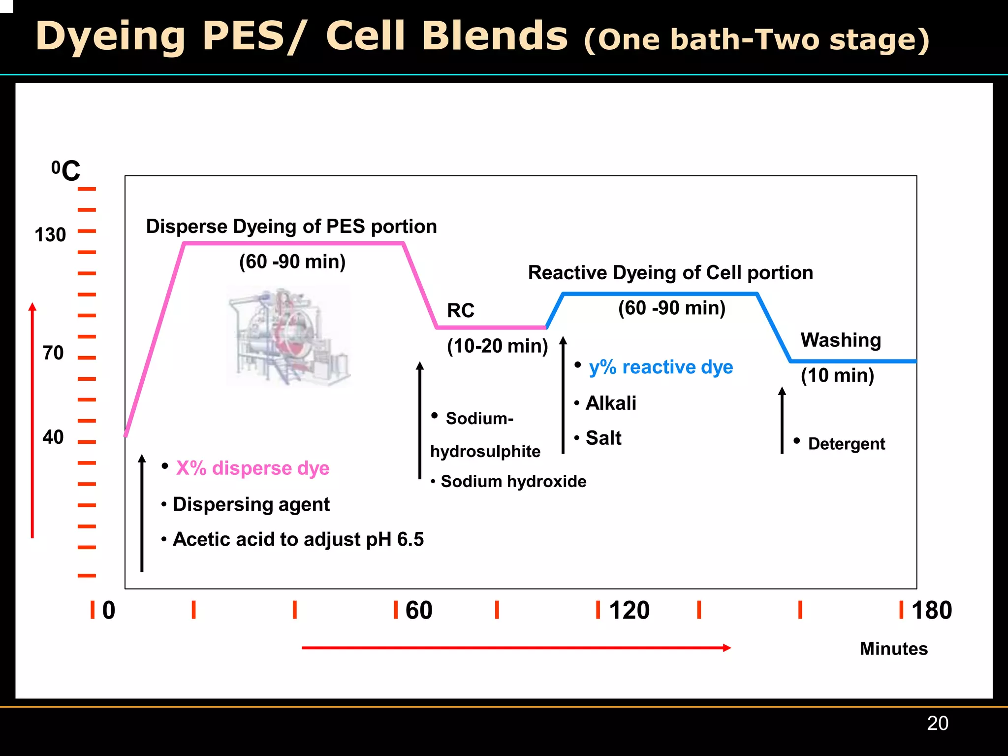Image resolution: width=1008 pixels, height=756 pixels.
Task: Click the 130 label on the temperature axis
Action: coord(50,235)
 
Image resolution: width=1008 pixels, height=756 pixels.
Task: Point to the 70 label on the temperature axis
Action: coord(53,353)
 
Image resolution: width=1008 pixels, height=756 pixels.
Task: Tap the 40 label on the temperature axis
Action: coord(53,437)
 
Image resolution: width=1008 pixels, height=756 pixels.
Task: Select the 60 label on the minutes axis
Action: coord(418,611)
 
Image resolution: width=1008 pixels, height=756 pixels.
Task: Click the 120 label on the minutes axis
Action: coord(629,611)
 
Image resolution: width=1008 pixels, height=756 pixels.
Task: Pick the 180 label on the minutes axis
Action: coord(931,611)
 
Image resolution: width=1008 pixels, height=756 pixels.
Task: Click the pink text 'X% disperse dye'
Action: coord(252,468)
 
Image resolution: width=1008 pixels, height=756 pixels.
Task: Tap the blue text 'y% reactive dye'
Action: coord(661,367)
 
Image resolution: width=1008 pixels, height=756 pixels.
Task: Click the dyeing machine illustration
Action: coord(289,336)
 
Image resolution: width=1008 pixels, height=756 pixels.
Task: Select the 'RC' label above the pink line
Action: coord(461,311)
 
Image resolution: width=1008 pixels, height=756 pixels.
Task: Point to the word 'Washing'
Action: coord(841,340)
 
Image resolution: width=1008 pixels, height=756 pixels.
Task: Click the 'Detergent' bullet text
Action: coord(846,444)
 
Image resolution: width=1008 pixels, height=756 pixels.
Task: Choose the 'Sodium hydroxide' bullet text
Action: coord(513,482)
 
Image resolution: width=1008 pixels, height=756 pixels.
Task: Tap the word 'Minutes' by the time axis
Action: coord(893,649)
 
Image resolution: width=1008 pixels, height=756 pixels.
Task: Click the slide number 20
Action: coord(937,723)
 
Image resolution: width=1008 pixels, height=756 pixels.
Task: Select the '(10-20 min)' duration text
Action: coord(497,346)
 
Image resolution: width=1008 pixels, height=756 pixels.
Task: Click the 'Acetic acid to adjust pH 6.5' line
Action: coord(298,540)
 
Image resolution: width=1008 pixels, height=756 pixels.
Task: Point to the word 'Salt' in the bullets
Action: coord(603,438)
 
